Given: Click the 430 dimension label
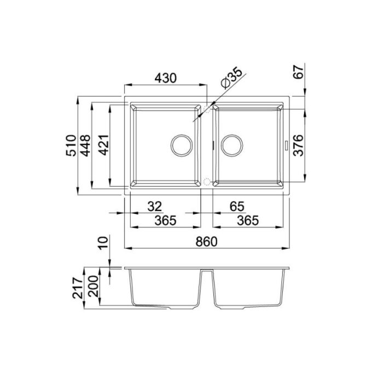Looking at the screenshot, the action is click(165, 78).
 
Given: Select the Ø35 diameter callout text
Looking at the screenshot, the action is click(231, 78).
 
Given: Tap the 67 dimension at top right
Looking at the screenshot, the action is click(298, 72).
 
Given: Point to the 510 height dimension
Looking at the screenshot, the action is click(71, 145).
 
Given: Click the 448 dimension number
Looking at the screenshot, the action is click(85, 146).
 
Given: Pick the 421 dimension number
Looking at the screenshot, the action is click(103, 145).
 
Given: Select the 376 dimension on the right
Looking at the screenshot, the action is click(298, 145).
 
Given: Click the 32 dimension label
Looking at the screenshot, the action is click(155, 206).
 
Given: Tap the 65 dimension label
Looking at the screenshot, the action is click(237, 206).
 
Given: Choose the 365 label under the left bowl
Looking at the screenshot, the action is click(165, 220).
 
